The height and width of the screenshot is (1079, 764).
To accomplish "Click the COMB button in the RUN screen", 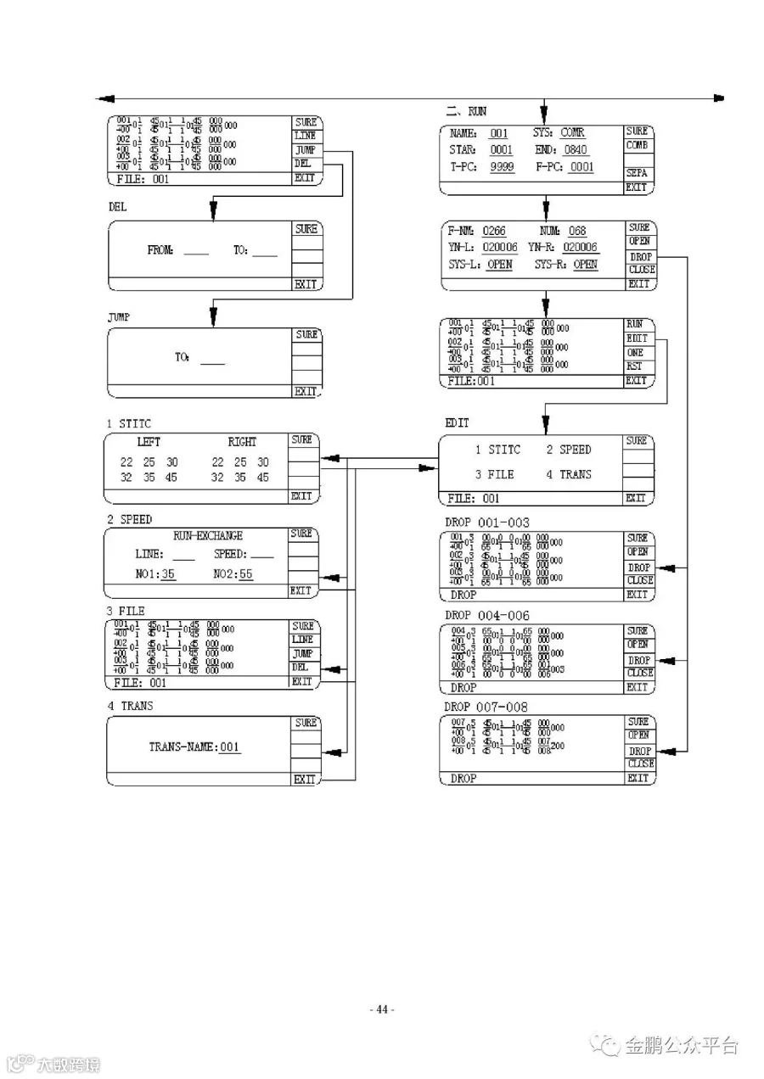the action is [638, 145].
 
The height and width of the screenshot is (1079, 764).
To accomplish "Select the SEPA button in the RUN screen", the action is [637, 172].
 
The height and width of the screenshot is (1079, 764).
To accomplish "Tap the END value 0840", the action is [576, 150].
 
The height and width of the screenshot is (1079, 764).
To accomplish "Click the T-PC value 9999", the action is [503, 167].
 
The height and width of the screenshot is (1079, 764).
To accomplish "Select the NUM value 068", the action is [577, 231].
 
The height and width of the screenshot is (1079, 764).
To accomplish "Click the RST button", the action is [635, 366].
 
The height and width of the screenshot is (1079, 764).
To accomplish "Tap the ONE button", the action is [635, 352].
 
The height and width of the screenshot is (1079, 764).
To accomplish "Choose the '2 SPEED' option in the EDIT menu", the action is [569, 450].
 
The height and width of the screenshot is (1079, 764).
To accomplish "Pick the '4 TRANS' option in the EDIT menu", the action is [569, 474].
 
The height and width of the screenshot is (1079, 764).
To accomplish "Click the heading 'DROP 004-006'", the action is [486, 615].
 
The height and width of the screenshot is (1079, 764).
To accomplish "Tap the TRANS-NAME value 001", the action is [230, 747].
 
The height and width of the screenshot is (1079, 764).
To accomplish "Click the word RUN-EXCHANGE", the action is [208, 536].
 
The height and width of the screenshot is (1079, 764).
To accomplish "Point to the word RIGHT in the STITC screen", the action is [242, 442].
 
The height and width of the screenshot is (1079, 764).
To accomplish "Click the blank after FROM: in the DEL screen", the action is [196, 251].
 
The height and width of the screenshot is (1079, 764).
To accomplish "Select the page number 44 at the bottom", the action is [382, 1009].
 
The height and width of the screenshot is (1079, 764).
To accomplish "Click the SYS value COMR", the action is [572, 133].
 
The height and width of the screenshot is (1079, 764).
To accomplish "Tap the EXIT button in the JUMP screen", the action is [306, 392].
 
